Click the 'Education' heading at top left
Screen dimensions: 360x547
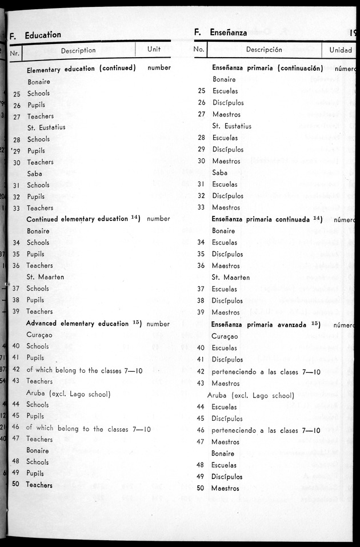pos(43,35)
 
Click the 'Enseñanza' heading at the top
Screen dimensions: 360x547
pos(228,33)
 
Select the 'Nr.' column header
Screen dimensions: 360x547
pos(15,54)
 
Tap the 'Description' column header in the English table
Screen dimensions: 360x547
pos(78,50)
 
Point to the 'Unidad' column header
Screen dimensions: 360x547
pos(341,50)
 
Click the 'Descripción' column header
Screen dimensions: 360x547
pos(264,50)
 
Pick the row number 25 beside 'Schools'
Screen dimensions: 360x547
pos(17,94)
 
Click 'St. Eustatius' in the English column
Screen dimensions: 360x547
pos(46,127)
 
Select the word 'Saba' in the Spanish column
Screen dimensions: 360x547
pos(219,172)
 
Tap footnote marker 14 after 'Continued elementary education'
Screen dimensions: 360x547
pos(135,218)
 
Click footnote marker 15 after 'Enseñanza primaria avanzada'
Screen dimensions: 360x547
pos(315,324)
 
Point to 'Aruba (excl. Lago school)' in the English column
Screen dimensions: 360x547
pos(68,393)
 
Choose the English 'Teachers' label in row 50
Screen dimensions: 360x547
pos(39,485)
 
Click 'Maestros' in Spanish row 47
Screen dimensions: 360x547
pos(226,442)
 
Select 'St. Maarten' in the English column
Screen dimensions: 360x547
pos(45,277)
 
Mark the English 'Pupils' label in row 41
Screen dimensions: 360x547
pos(35,357)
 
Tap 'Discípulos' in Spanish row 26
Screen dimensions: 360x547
pos(228,103)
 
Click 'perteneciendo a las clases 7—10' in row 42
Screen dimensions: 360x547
pos(266,372)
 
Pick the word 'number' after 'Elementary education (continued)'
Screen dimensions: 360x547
pos(159,68)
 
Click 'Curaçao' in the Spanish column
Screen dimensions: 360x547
pos(225,336)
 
